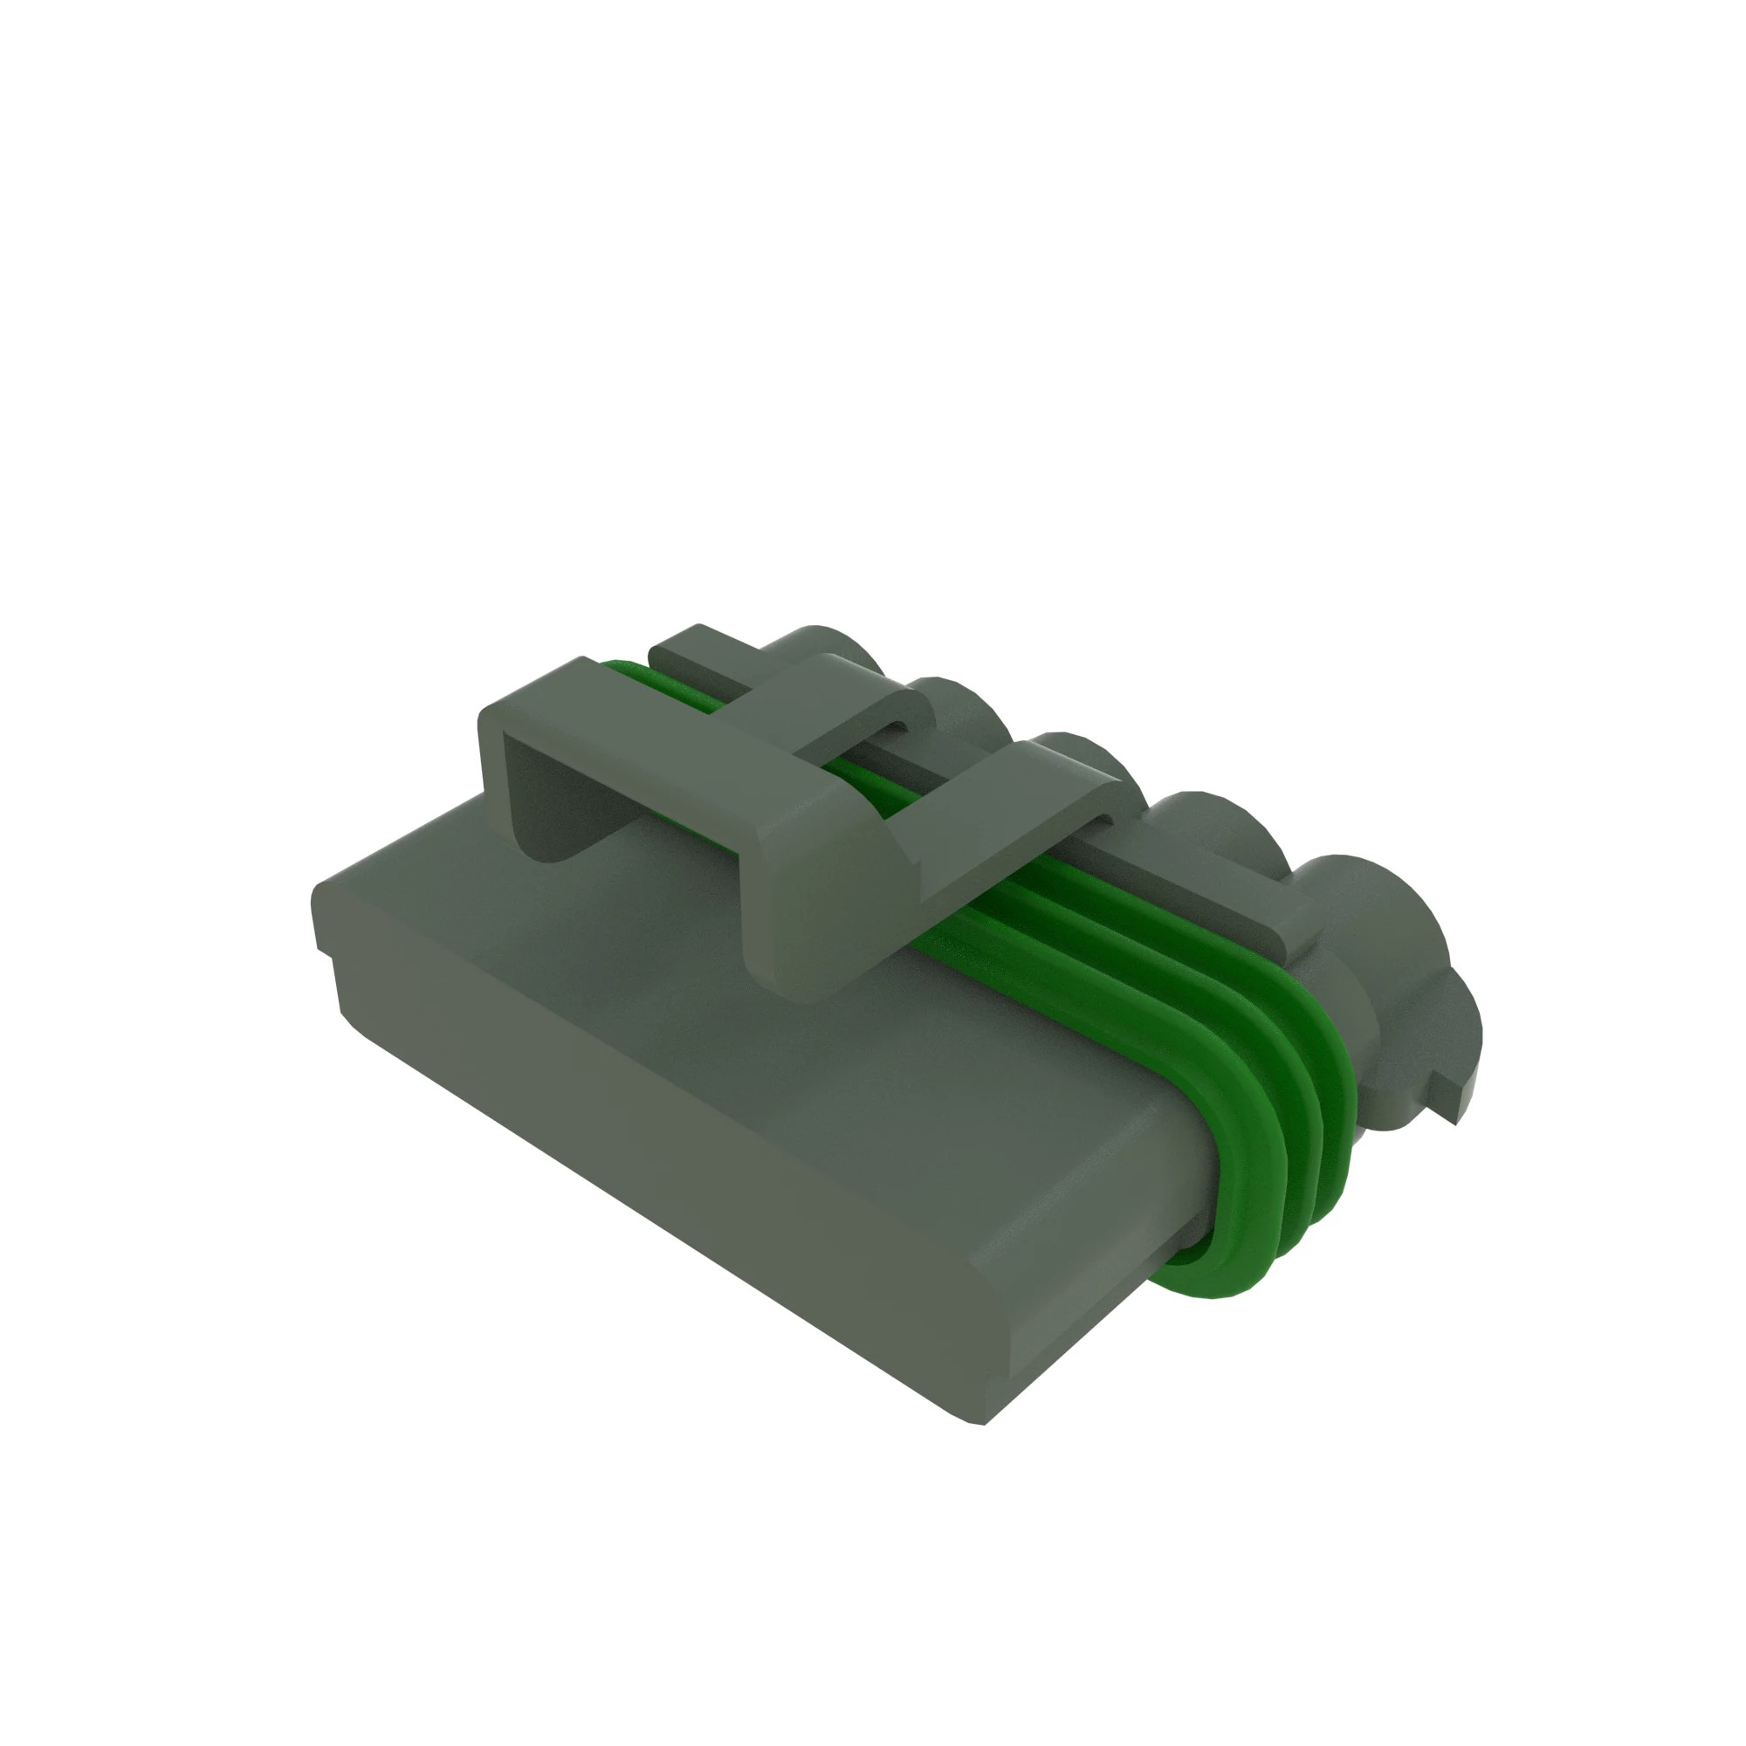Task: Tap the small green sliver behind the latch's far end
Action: (x=623, y=670)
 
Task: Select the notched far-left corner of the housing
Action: (x=326, y=922)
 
